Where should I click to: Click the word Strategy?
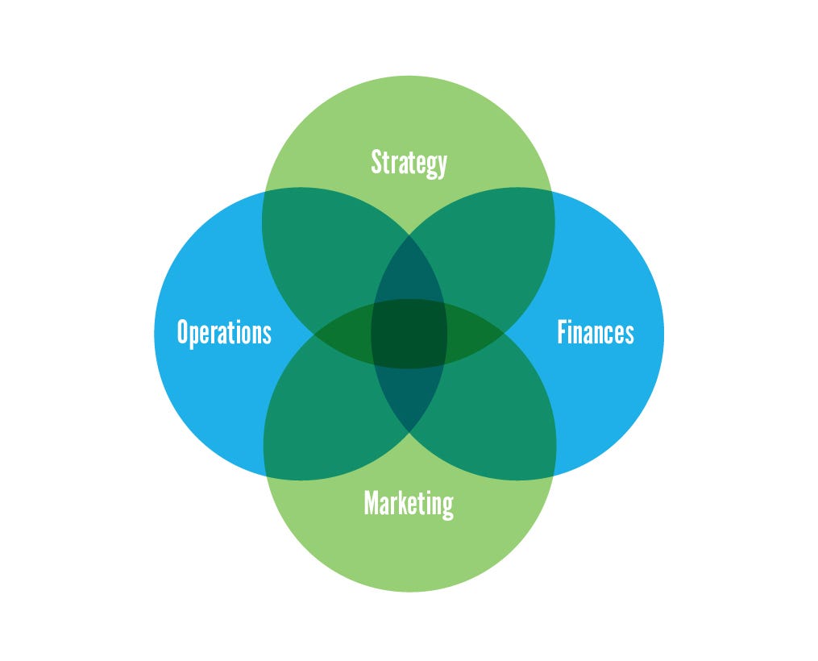tap(409, 163)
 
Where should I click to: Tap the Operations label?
tap(224, 332)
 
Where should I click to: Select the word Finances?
tap(596, 332)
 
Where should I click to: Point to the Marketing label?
tap(409, 504)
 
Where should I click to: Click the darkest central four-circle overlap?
tap(409, 333)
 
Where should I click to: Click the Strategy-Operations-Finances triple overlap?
tap(409, 270)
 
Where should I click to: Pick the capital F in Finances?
tap(563, 331)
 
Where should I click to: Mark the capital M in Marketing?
tap(372, 503)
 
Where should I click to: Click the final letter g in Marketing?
tap(447, 506)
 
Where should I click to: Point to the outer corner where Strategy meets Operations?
tap(264, 194)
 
